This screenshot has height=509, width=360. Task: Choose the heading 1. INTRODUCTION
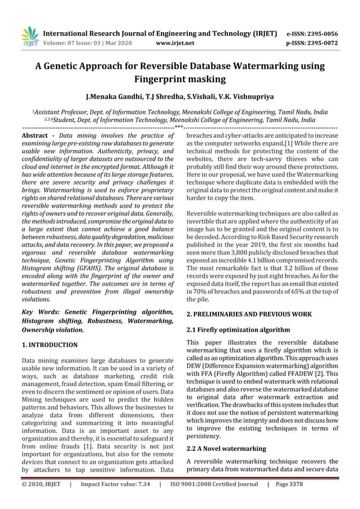coord(49,343)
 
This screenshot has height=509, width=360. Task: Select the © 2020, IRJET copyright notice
coord(41,499)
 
